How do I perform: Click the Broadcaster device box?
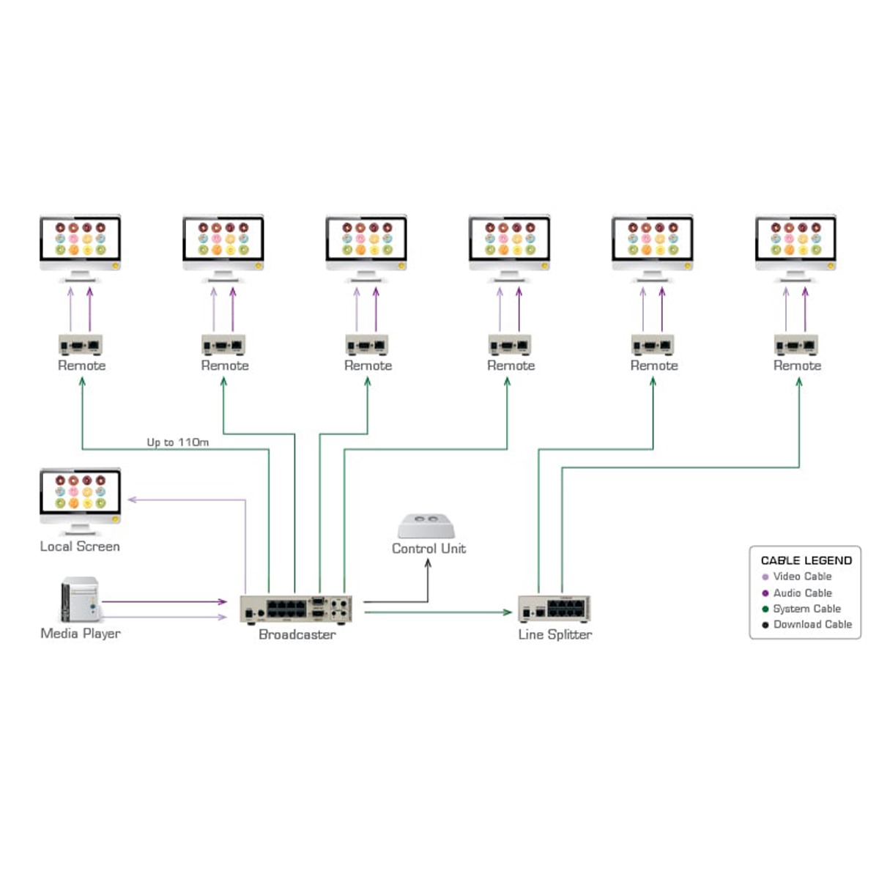point(296,609)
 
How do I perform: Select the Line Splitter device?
point(554,609)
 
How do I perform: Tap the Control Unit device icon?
point(426,526)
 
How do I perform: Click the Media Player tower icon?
point(80,600)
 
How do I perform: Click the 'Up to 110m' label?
point(177,442)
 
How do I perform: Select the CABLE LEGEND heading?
point(806,560)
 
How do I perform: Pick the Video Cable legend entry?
point(802,576)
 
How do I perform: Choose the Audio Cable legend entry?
point(802,593)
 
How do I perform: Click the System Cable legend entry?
point(806,609)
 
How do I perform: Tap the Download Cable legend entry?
point(812,624)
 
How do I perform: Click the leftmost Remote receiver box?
point(81,344)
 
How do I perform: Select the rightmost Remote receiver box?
point(796,344)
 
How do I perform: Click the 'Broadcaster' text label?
point(297,634)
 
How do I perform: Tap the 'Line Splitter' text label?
point(555,634)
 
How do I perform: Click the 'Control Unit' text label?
point(429,549)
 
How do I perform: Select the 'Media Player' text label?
point(81,634)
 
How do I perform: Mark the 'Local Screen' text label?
point(80,546)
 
